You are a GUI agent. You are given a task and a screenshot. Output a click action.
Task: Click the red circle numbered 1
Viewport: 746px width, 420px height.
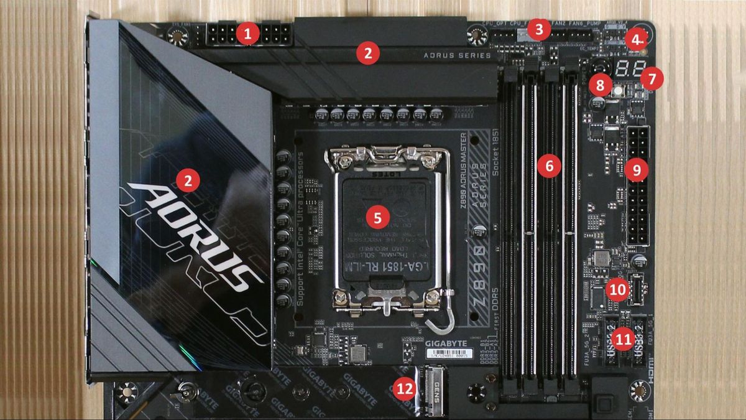(x=248, y=33)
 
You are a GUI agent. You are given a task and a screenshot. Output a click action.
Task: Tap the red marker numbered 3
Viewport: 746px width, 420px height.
(x=539, y=29)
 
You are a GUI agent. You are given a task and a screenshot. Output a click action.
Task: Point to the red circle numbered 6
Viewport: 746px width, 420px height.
(x=549, y=166)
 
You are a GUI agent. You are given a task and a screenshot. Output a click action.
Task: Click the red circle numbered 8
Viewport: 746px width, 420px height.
(x=600, y=85)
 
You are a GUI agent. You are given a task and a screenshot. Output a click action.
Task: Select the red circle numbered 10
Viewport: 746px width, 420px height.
(x=617, y=289)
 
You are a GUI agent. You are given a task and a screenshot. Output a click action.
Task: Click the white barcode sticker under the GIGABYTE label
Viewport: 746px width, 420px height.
(x=449, y=353)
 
